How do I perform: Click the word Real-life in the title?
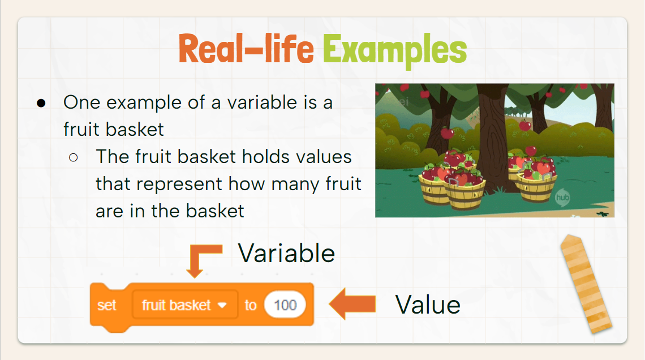pos(246,49)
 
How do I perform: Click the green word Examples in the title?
pos(394,51)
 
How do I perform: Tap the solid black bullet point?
pos(41,103)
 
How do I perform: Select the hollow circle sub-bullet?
pos(74,157)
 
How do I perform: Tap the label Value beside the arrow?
pos(428,305)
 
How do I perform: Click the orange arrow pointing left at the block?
pos(352,304)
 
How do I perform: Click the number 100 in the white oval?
pos(285,305)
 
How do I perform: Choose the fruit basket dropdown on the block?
pos(184,305)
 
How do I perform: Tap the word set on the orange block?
pos(107,305)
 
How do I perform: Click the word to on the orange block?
pos(251,305)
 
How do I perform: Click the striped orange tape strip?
pos(586,284)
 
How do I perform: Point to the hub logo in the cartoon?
pos(562,198)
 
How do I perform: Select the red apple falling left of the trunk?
pos(447,133)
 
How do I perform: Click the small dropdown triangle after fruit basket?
pos(222,305)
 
